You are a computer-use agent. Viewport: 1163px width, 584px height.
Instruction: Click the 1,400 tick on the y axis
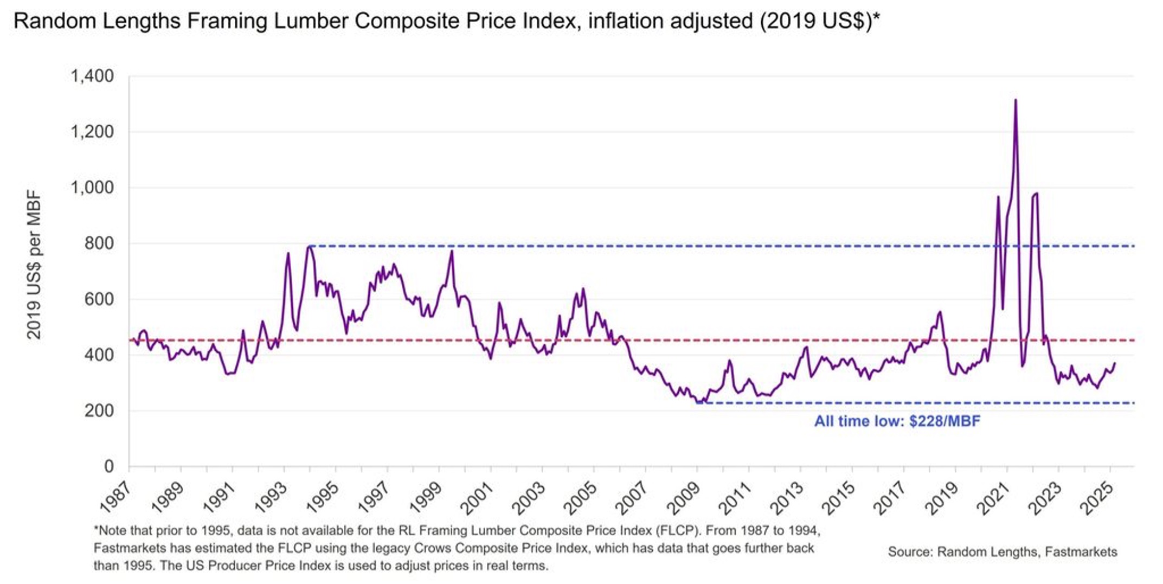pos(92,76)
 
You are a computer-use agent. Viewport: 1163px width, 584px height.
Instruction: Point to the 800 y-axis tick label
pos(99,243)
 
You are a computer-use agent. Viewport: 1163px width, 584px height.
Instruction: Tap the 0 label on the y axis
pos(109,466)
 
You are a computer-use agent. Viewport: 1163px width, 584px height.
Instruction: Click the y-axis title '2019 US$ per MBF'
pos(34,265)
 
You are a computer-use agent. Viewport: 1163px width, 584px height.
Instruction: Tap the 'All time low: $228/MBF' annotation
pos(897,421)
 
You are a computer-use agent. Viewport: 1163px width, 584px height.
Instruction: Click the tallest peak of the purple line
pos(1016,100)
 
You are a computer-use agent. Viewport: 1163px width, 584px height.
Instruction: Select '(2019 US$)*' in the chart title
pos(819,21)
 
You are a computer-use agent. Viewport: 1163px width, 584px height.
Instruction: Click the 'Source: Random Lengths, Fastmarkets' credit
pos(1003,552)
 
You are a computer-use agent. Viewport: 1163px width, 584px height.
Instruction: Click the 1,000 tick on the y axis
pos(92,188)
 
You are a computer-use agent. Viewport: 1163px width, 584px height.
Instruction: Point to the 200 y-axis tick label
pos(99,410)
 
